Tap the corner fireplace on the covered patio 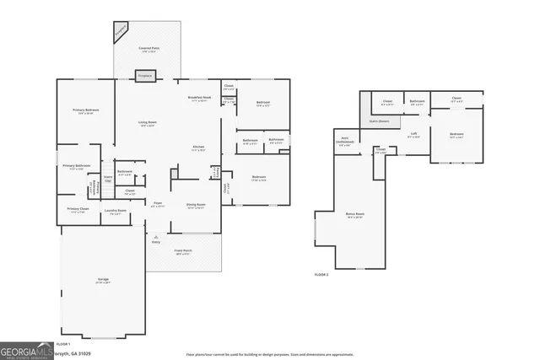120,33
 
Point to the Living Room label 147,123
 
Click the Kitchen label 198,148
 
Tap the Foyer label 157,203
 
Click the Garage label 102,280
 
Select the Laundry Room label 116,211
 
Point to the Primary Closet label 78,209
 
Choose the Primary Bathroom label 77,167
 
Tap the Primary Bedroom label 85,111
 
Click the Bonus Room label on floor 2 354,215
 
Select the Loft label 413,134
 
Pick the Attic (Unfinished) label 345,141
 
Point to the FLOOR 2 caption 321,275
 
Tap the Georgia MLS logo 25,350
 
